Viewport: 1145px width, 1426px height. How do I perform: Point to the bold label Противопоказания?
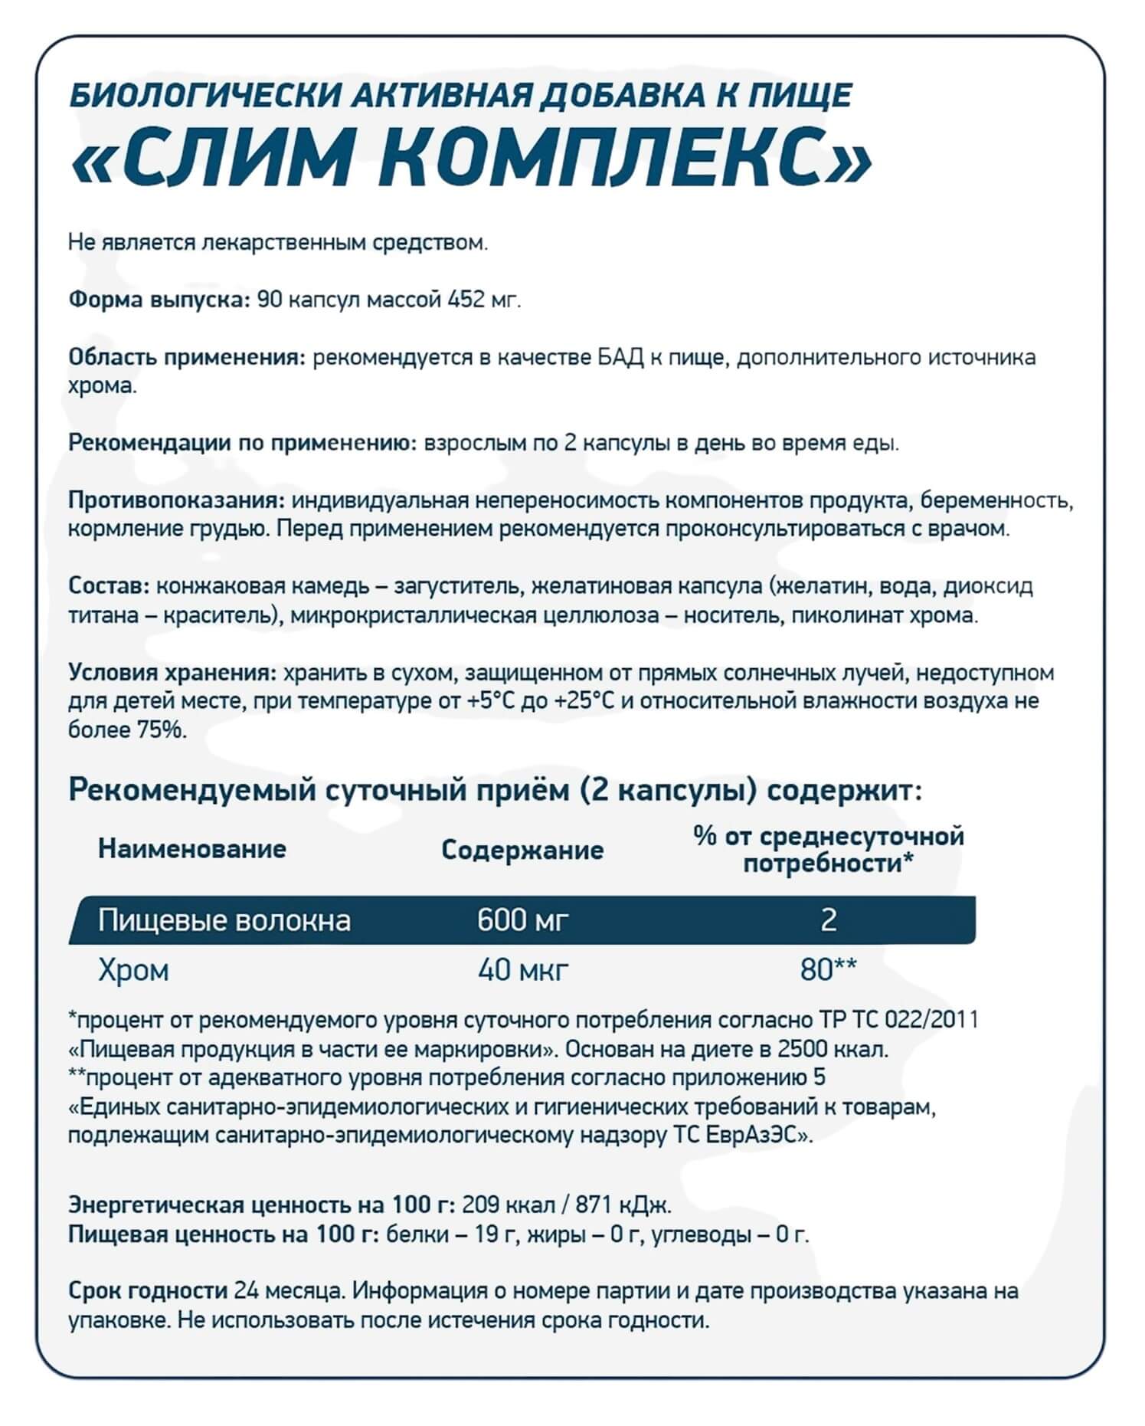(177, 501)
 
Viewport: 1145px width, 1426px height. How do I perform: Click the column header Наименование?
(191, 849)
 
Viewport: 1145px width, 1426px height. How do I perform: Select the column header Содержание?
(522, 850)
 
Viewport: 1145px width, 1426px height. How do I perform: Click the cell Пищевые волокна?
(224, 920)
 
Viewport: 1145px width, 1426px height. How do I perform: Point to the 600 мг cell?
(522, 920)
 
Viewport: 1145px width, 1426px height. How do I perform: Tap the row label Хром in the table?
(133, 970)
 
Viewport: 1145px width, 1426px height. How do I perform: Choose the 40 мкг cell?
(522, 970)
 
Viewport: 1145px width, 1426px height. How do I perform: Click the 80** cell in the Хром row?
(827, 970)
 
